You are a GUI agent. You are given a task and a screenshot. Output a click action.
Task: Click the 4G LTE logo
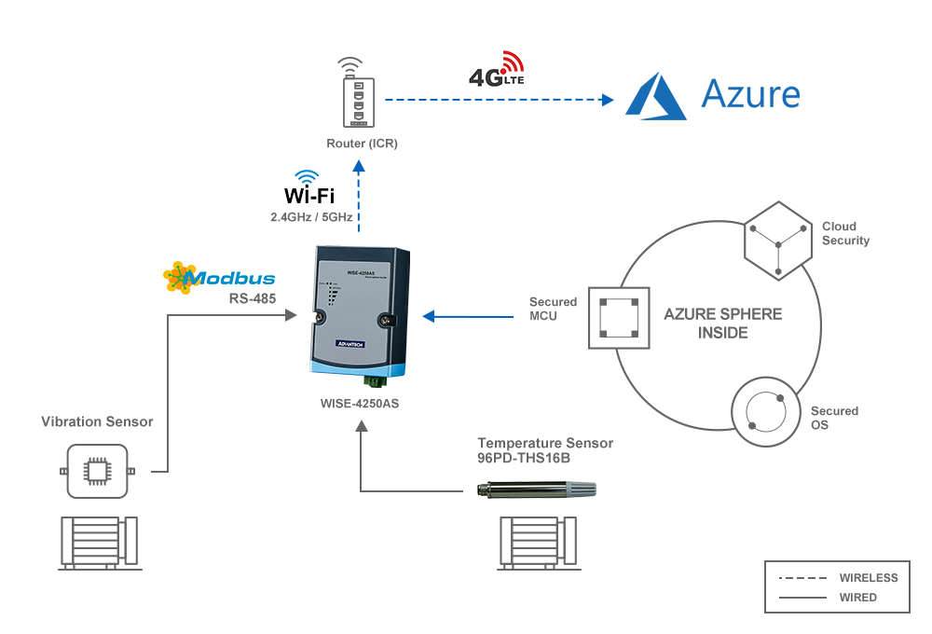click(x=497, y=70)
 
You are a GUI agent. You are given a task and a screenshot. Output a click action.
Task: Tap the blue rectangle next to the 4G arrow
click(x=712, y=96)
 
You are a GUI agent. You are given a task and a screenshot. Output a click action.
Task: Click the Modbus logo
click(x=219, y=277)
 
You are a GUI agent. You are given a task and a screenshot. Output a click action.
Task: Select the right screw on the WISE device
click(x=385, y=320)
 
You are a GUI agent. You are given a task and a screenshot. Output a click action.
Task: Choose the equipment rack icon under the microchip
click(x=99, y=543)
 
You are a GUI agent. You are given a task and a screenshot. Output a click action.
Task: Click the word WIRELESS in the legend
click(x=868, y=578)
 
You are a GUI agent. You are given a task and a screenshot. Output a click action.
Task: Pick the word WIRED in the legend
click(x=857, y=598)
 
